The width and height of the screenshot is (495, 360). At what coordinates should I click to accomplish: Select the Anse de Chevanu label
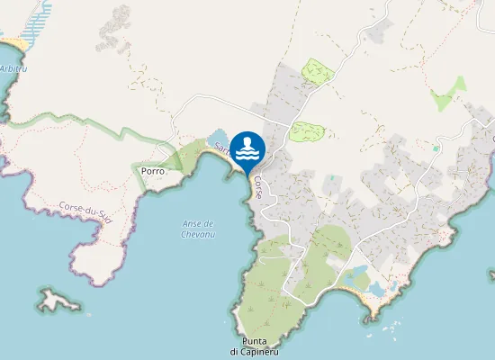(196, 229)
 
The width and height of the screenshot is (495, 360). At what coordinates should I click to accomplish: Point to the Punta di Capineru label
(254, 346)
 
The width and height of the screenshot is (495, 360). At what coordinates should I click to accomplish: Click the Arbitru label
(13, 68)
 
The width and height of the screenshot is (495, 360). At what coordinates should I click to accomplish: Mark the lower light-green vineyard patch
(306, 131)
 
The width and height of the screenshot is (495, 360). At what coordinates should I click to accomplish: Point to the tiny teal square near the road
(436, 148)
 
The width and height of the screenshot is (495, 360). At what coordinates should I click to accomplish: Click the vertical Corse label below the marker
(258, 186)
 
